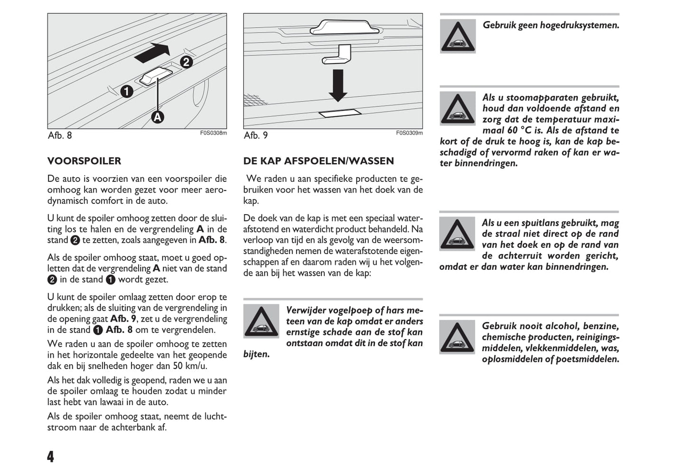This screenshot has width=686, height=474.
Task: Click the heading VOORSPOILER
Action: (x=84, y=161)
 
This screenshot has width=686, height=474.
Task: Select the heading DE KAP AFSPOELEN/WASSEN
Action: (x=319, y=161)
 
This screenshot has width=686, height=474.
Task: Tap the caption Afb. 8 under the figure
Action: (x=60, y=135)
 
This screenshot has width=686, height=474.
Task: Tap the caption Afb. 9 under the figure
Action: (x=256, y=135)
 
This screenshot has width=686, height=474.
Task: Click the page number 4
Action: (x=51, y=456)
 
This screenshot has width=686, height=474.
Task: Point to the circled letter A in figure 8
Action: (x=157, y=117)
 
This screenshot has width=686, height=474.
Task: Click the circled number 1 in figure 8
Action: (x=127, y=91)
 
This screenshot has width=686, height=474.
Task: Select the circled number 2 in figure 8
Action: (x=186, y=62)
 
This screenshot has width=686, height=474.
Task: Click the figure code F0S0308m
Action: (x=213, y=133)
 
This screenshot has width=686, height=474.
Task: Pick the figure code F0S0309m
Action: (x=409, y=133)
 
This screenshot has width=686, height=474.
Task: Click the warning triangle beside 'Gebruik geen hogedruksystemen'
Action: (x=458, y=36)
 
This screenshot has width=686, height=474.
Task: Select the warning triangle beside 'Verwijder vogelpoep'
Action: (x=261, y=321)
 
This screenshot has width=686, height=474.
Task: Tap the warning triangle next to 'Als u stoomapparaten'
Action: (x=458, y=108)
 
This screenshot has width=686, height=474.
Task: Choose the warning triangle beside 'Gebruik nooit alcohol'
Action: (x=457, y=337)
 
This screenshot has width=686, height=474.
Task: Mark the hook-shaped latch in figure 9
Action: (x=337, y=54)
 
